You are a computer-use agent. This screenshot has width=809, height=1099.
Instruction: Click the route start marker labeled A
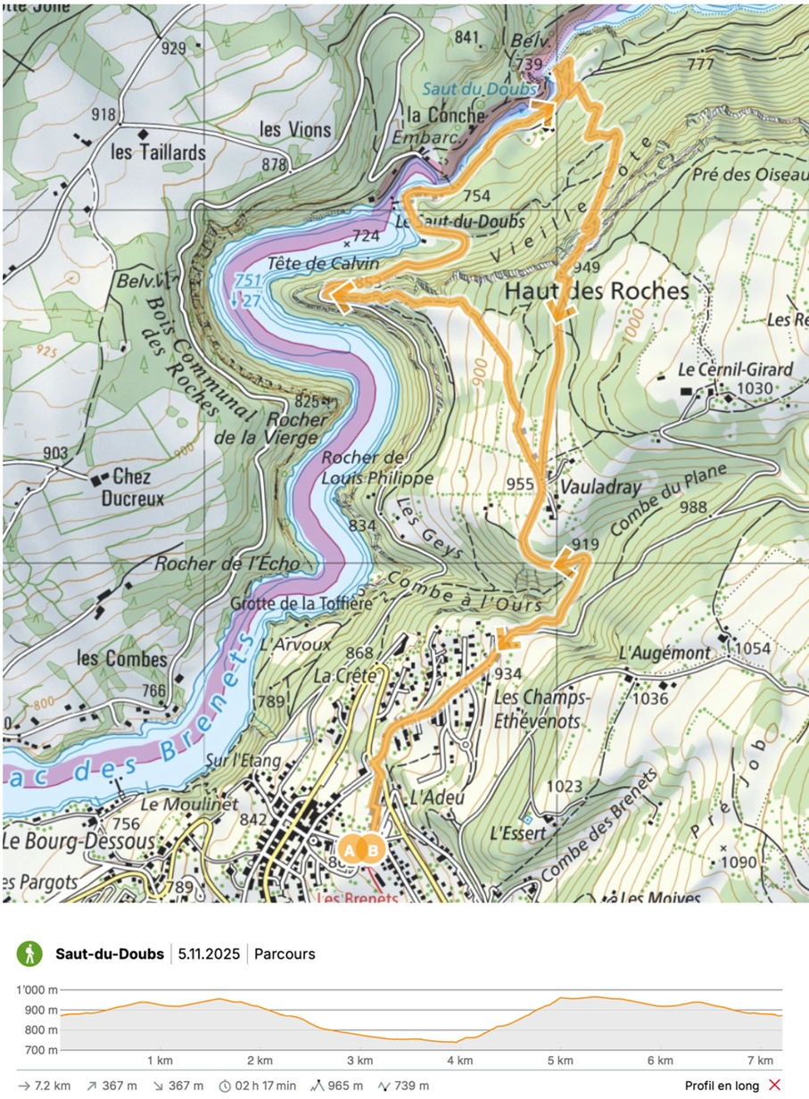tap(350, 850)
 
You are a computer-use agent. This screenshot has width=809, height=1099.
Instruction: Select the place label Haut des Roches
tap(597, 291)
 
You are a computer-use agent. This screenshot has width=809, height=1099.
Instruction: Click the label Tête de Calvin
tap(324, 264)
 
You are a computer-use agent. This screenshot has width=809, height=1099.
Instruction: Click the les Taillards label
tap(158, 153)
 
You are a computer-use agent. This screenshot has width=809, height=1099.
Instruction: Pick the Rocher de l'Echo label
tap(227, 564)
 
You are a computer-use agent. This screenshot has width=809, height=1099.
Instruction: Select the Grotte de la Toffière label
tap(301, 604)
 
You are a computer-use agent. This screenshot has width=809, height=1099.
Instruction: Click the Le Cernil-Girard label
tap(722, 369)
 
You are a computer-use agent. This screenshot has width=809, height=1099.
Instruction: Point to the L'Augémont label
tap(665, 654)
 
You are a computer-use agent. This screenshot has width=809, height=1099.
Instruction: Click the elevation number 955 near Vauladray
tap(519, 484)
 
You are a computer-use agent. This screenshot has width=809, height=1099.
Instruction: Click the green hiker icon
tap(29, 954)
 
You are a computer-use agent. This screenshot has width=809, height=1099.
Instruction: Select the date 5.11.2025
tap(209, 954)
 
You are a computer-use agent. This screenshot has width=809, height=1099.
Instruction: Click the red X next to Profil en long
tap(774, 1086)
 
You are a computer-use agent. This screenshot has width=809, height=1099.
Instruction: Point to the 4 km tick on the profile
tap(459, 1060)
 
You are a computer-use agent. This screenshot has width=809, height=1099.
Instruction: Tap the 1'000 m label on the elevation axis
tap(37, 990)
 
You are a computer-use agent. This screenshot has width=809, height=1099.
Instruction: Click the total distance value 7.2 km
tap(53, 1086)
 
